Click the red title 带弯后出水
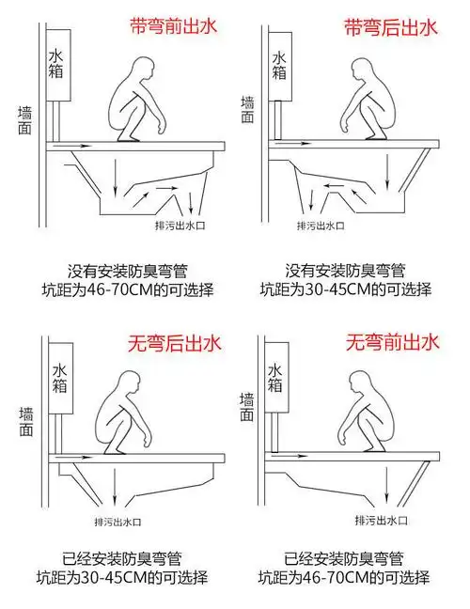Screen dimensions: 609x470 click(392, 25)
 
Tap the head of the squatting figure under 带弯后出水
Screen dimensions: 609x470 click(362, 70)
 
